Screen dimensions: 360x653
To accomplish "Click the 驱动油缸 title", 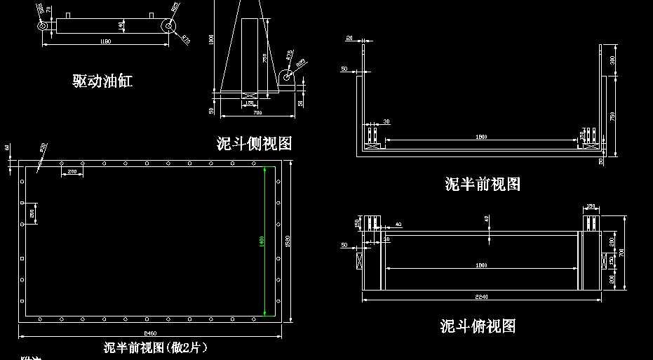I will [102, 81].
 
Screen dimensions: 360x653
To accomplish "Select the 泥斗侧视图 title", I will [254, 144].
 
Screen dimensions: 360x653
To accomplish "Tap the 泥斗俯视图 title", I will [478, 326].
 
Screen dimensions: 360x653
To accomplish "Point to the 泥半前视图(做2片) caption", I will [156, 347].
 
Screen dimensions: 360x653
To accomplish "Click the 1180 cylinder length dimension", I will [106, 42].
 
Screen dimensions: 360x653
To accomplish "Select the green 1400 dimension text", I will [261, 241].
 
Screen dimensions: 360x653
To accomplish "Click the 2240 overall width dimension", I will [481, 297].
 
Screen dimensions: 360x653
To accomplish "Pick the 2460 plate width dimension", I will [150, 333].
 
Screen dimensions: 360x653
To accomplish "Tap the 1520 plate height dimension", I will [288, 241].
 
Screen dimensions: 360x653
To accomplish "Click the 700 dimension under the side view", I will [257, 112].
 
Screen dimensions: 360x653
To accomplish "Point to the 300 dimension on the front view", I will [612, 60].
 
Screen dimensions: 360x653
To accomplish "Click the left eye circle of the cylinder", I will [43, 26].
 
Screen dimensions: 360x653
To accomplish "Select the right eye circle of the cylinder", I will [168, 26].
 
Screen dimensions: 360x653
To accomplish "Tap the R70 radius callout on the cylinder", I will [186, 39].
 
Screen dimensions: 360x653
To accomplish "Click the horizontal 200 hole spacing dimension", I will [72, 172].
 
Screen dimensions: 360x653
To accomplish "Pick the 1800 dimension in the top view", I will [481, 265].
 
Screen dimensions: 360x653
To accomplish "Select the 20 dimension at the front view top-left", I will [349, 39].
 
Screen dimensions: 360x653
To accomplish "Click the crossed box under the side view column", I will [250, 95].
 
